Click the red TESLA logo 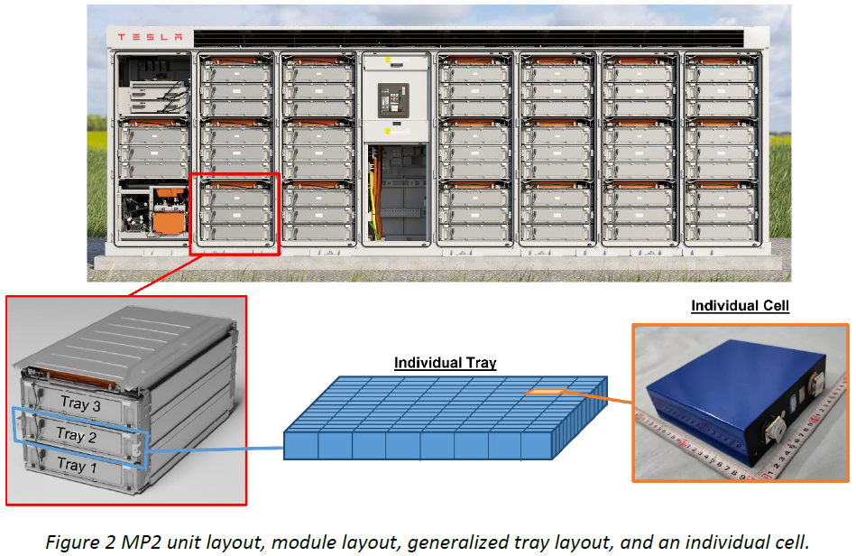[x=150, y=37]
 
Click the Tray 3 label [x=81, y=403]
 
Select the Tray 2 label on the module [x=77, y=435]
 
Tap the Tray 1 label [x=78, y=465]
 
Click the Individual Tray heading [x=445, y=363]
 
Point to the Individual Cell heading [x=740, y=305]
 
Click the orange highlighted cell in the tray [x=546, y=391]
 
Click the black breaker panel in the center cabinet [x=393, y=100]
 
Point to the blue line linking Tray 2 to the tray [x=216, y=449]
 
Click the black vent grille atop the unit [x=468, y=38]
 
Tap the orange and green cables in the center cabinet [x=374, y=194]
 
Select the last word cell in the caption [x=792, y=542]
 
